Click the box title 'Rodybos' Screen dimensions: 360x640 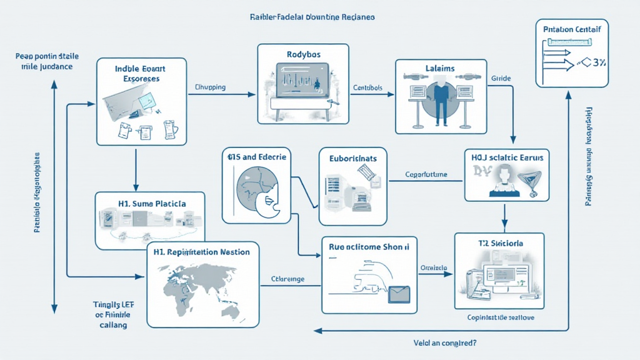point(303,54)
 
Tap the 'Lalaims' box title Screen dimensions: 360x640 point(441,68)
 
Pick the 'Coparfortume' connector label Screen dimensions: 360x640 point(426,174)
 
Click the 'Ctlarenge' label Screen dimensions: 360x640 point(287,279)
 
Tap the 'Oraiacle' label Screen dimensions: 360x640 point(433,267)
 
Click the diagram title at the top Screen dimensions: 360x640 point(311,17)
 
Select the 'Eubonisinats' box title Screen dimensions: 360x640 point(353,159)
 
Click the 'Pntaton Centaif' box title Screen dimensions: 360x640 point(573,28)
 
